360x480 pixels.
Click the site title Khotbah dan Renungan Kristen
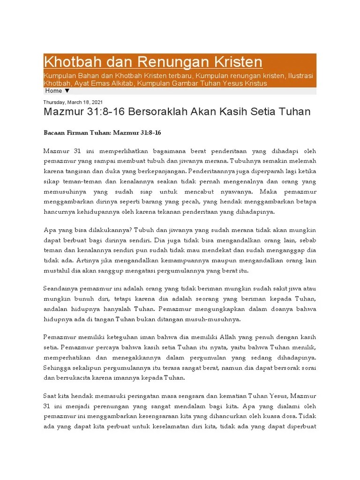153,61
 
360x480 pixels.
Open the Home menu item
53,91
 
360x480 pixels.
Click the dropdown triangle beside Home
67,91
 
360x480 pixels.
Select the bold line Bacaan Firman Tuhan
102,133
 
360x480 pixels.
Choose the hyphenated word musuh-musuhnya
215,320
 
